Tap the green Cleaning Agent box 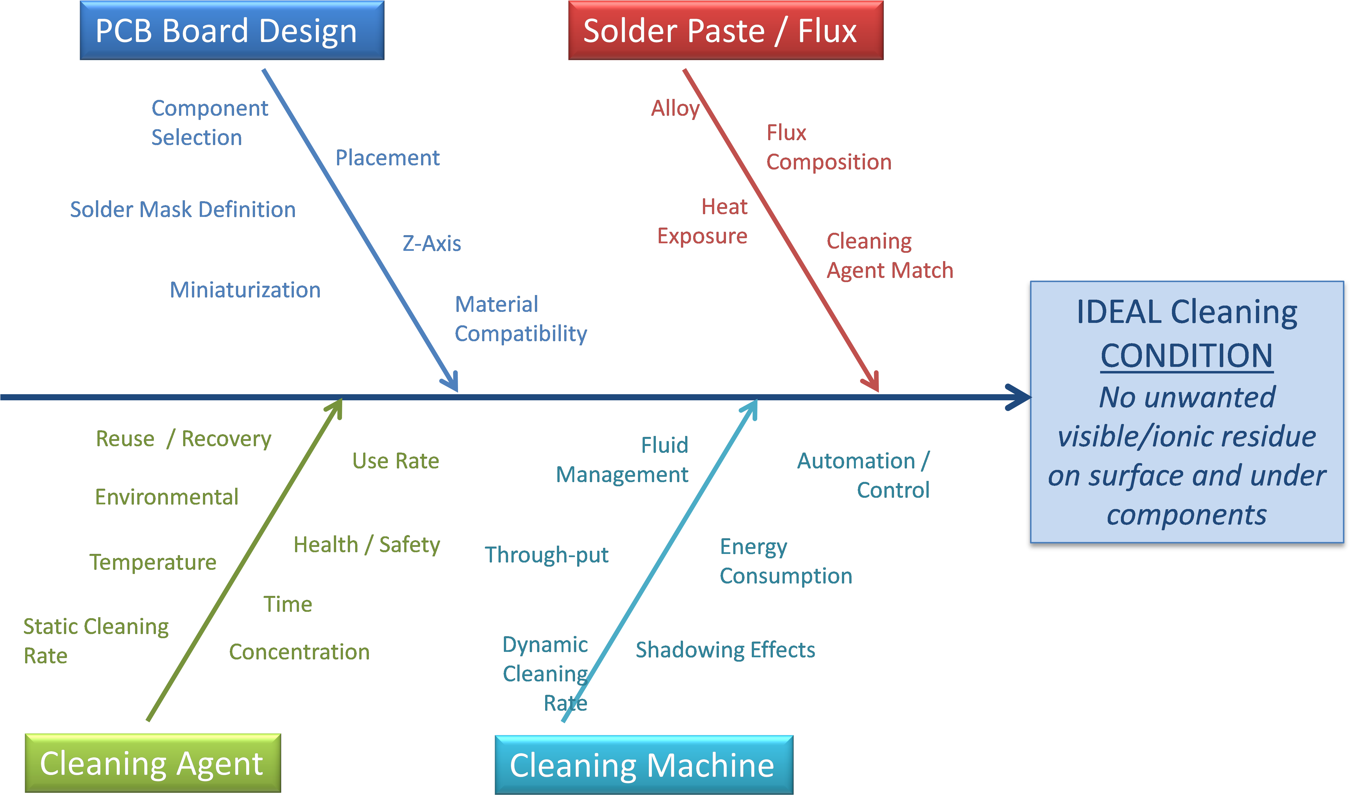[x=152, y=763]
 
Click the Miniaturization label [x=245, y=290]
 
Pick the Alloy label [x=675, y=108]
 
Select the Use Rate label [x=395, y=461]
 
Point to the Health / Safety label [x=366, y=545]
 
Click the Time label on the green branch [x=288, y=604]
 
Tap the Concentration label [x=299, y=652]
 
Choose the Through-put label [x=546, y=555]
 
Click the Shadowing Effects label [x=725, y=650]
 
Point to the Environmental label [x=167, y=497]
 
